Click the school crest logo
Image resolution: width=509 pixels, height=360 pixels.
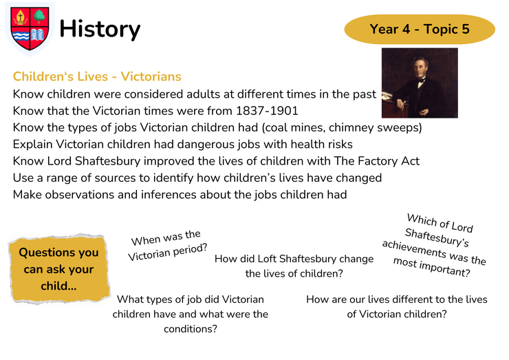click(30, 29)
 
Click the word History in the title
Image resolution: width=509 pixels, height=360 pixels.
click(100, 30)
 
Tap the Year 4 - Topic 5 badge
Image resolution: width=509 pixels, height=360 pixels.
click(420, 29)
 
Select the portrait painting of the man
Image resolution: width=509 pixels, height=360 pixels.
click(420, 83)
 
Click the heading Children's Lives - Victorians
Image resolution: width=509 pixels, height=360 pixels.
click(97, 76)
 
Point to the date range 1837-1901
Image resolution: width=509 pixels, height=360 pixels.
click(267, 111)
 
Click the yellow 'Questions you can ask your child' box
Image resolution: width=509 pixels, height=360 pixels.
click(58, 269)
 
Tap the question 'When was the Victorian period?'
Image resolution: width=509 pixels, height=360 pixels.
click(168, 246)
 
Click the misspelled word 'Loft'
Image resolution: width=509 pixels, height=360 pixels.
click(267, 259)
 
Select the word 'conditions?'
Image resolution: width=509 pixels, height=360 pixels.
click(191, 329)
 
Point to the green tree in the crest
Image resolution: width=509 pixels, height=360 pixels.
click(39, 17)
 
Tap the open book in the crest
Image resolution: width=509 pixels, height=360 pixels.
click(38, 35)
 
